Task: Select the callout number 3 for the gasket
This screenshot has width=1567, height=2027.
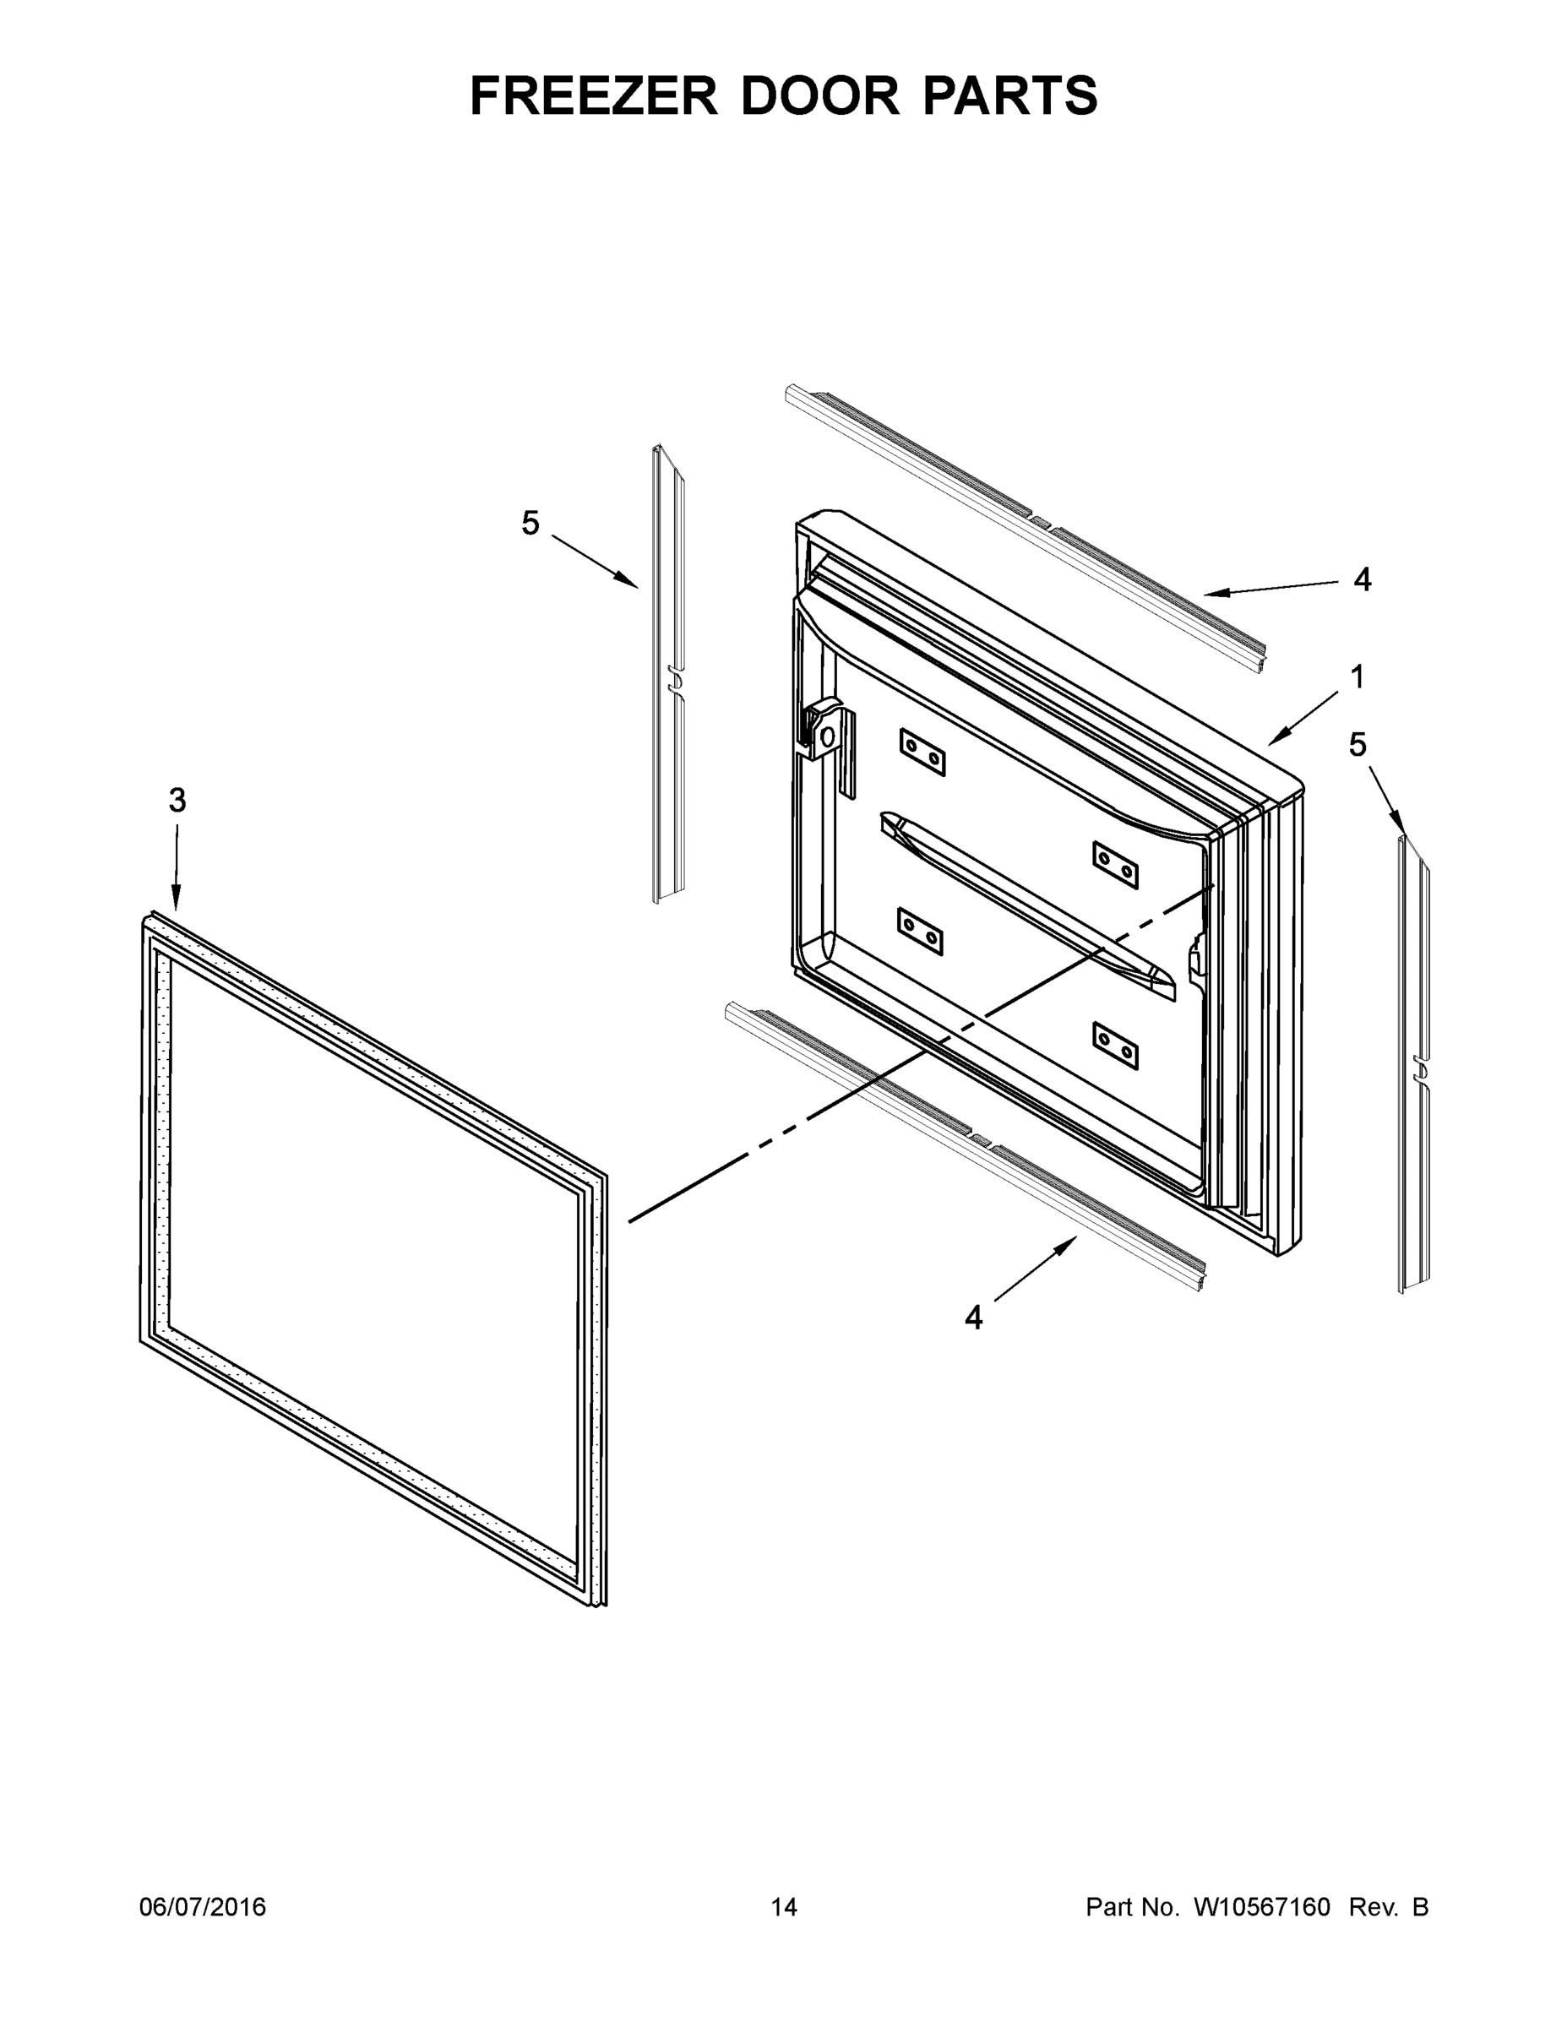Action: [x=177, y=800]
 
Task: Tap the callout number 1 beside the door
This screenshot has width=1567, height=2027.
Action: [x=1358, y=677]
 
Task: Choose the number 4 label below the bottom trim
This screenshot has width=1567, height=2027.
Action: [x=973, y=1316]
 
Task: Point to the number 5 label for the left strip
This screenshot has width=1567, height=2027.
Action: [x=530, y=524]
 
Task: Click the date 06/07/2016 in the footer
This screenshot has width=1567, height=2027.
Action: [x=203, y=1906]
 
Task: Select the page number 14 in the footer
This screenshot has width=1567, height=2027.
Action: [x=784, y=1906]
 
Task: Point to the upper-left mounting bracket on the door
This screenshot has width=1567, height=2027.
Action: [x=922, y=752]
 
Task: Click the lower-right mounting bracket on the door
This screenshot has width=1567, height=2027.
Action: [x=1115, y=1046]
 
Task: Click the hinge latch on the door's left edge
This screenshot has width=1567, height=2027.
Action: [x=823, y=734]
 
